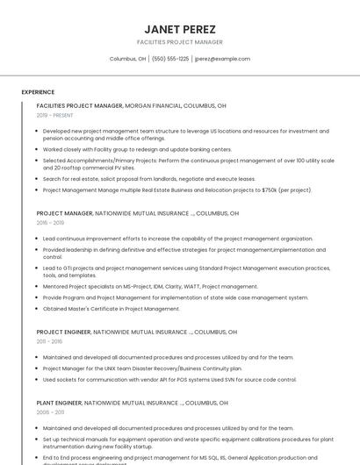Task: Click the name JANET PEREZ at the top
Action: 179,29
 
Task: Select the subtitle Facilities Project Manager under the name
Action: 179,42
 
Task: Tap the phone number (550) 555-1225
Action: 170,59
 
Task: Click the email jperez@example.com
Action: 222,59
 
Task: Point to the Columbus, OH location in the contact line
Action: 127,59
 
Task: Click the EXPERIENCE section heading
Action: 38,91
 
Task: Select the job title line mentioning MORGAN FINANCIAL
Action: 132,105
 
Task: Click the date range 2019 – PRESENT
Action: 54,115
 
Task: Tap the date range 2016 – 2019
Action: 50,223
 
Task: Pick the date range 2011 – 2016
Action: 49,341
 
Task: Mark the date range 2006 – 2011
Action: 50,411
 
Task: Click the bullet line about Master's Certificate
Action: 111,309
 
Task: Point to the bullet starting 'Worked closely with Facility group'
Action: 137,149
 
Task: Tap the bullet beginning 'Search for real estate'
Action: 148,179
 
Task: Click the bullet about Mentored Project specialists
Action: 150,286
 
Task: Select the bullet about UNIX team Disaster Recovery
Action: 154,368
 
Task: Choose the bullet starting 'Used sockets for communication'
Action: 169,379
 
